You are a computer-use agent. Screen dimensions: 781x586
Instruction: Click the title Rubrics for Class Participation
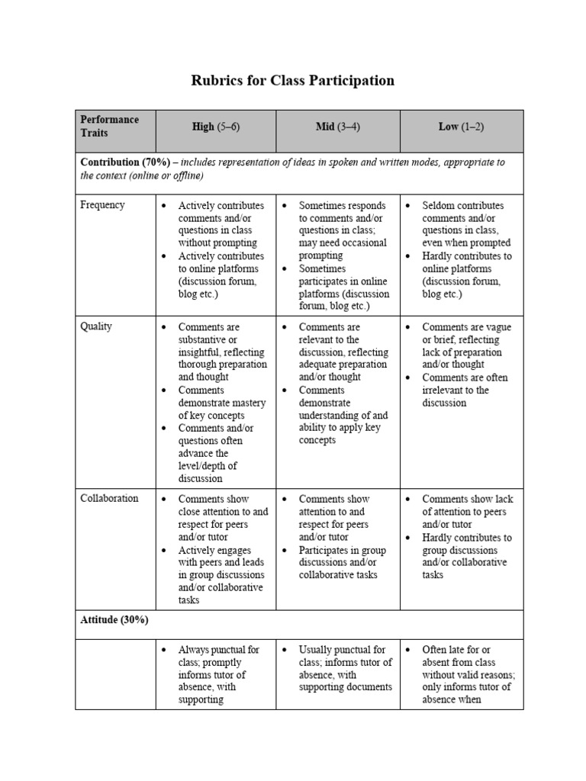click(x=292, y=80)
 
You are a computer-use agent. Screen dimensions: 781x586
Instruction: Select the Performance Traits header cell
click(x=110, y=126)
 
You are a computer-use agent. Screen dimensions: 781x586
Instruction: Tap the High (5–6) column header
click(x=216, y=127)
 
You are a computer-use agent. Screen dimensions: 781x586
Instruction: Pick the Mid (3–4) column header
click(x=337, y=127)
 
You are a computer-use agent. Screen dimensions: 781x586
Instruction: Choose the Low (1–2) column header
click(x=460, y=127)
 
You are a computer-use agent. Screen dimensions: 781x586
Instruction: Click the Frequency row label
click(x=102, y=205)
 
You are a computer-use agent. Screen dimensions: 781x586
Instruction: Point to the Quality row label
click(x=96, y=326)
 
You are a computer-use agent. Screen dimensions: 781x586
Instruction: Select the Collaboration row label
click(x=109, y=498)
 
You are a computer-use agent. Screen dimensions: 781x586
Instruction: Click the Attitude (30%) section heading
click(x=114, y=620)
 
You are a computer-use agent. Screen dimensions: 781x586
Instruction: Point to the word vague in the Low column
click(x=496, y=327)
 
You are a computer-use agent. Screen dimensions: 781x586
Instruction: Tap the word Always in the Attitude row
click(x=194, y=650)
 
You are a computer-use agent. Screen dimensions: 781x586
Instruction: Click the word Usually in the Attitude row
click(x=316, y=650)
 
